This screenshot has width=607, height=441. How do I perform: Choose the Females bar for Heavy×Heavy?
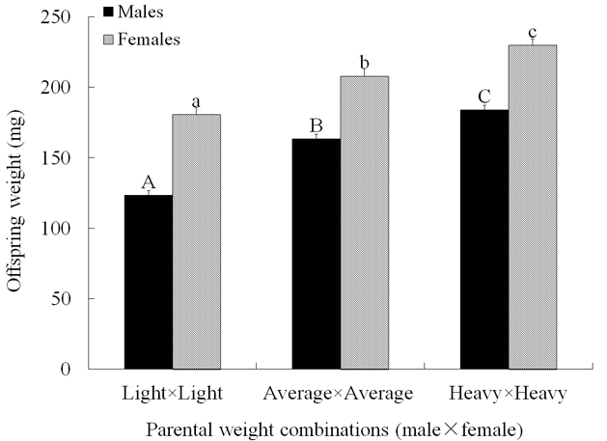pos(533,207)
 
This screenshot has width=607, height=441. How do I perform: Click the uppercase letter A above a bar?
pos(149,182)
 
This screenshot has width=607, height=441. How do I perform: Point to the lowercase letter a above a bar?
pos(196,101)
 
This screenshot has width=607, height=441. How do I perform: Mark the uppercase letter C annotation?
pos(484,96)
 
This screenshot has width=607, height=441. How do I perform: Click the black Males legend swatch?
pos(108,14)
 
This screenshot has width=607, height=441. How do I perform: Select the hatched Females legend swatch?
pos(108,41)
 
